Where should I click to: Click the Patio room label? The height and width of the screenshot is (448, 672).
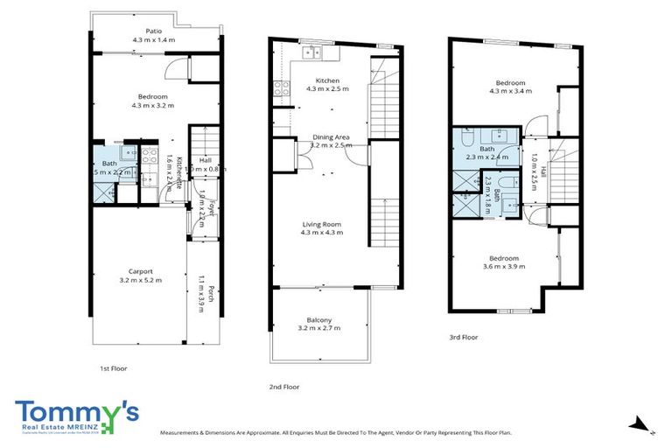(x=153, y=30)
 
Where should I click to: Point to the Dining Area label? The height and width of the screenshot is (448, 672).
(x=331, y=137)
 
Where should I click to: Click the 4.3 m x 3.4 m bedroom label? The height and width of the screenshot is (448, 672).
(x=510, y=82)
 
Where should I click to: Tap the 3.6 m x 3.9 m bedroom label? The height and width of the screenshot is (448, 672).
(x=504, y=258)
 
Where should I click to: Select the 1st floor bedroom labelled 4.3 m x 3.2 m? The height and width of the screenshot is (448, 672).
(x=152, y=96)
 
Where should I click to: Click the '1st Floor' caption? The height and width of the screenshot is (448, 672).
(x=113, y=368)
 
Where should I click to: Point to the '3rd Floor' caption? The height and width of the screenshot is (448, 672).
(x=464, y=337)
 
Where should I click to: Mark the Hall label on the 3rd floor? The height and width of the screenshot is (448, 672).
(x=542, y=171)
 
